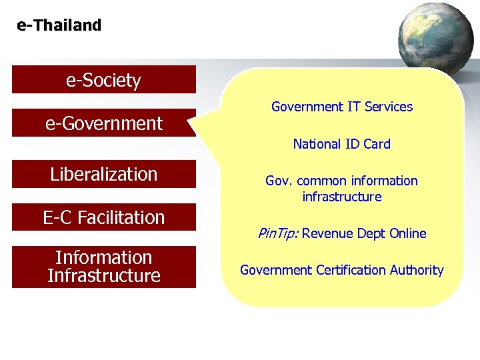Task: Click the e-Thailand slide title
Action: pyautogui.click(x=59, y=26)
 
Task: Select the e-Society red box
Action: pyautogui.click(x=103, y=80)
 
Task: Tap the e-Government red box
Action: pyautogui.click(x=103, y=123)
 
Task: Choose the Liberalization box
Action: pyautogui.click(x=103, y=174)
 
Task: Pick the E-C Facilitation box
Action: pyautogui.click(x=103, y=217)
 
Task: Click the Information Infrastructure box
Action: pyautogui.click(x=103, y=267)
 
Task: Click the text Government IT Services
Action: pyautogui.click(x=342, y=107)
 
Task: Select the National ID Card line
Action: pyautogui.click(x=342, y=144)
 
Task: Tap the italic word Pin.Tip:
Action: pyautogui.click(x=279, y=233)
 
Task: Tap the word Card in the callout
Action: pyautogui.click(x=377, y=144)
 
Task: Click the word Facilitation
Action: pyautogui.click(x=122, y=217)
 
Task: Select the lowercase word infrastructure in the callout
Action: pyautogui.click(x=342, y=197)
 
